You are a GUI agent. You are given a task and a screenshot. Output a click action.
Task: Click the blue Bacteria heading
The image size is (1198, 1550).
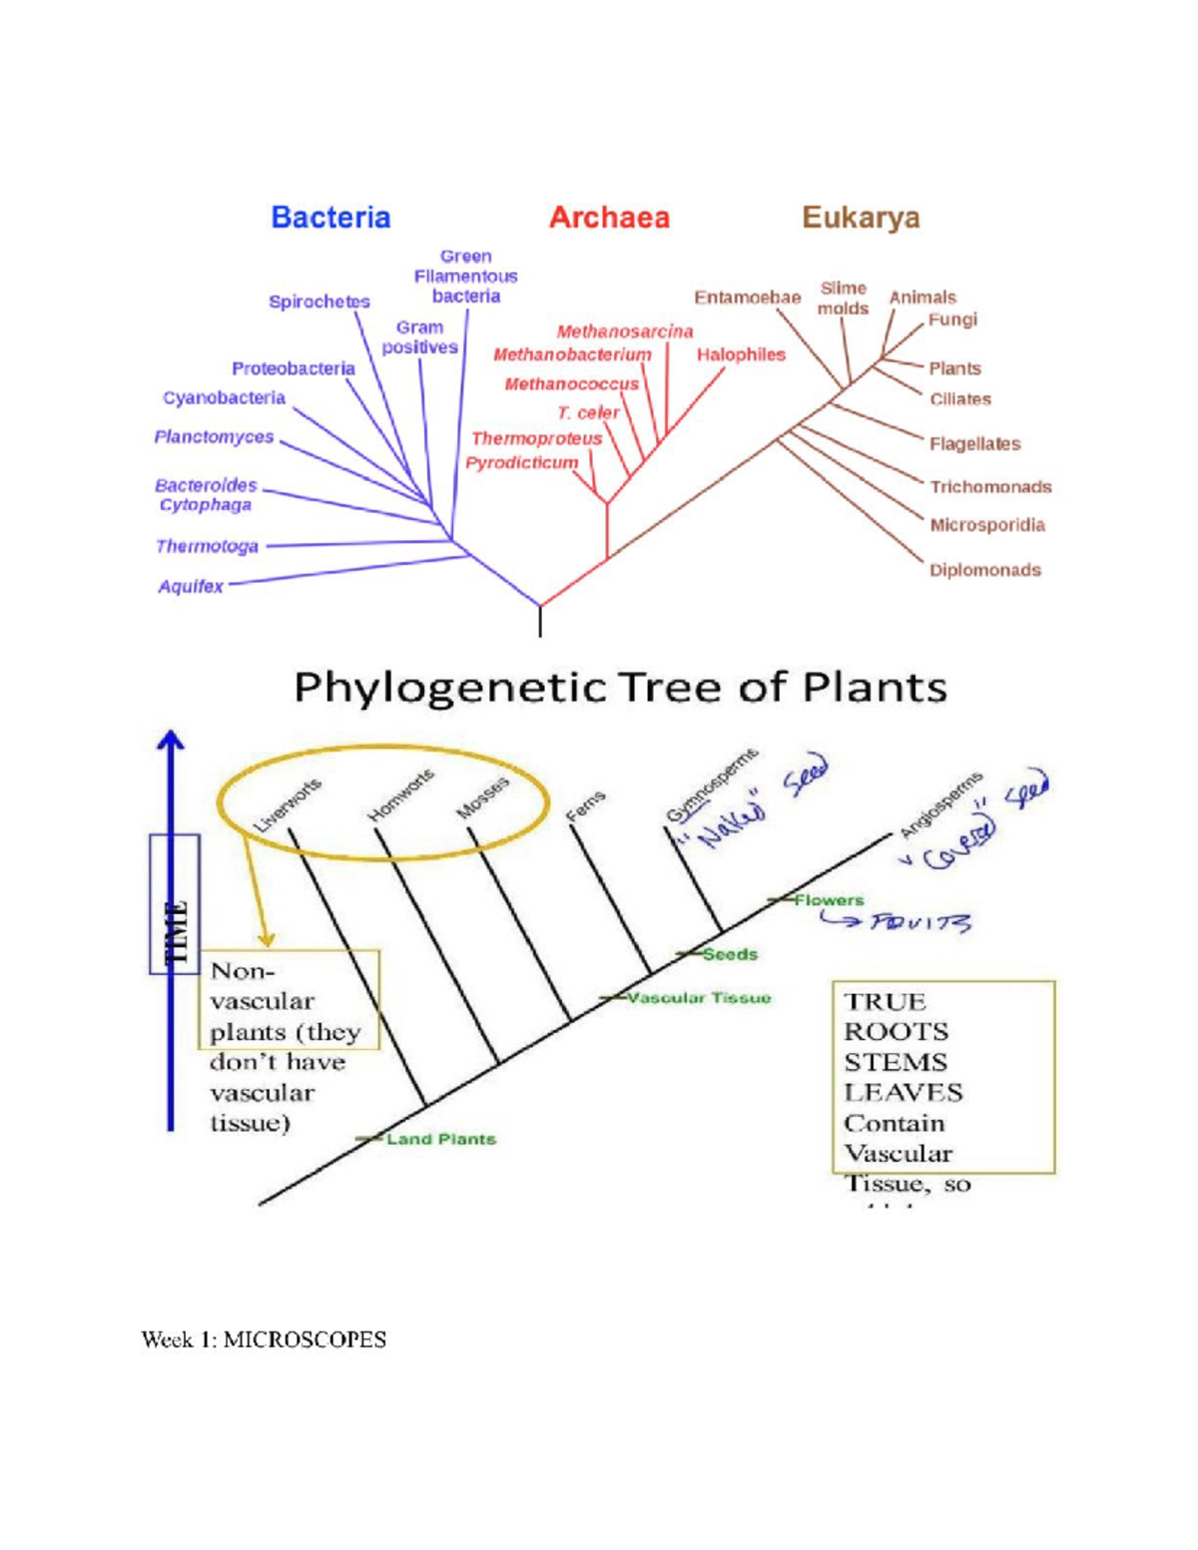tap(330, 218)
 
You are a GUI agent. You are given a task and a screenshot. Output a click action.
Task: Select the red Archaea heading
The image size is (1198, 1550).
tap(609, 218)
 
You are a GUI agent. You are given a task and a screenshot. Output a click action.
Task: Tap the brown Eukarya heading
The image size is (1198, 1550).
tap(861, 218)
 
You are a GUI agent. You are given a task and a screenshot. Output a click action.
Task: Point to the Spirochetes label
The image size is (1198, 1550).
tap(318, 301)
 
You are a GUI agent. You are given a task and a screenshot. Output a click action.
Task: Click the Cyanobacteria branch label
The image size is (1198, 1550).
tap(224, 397)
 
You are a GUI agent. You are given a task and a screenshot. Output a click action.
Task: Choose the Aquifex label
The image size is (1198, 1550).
tap(190, 587)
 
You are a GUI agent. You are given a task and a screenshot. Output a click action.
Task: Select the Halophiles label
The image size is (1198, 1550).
tap(741, 354)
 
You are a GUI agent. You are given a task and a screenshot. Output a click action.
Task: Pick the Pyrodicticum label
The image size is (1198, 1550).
tap(521, 463)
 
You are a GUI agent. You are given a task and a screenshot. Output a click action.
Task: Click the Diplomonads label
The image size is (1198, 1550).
tap(984, 571)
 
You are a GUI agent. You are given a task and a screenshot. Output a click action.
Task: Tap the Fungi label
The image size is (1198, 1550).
tap(952, 319)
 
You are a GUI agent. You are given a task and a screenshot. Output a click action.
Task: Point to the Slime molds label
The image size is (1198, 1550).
tap(843, 298)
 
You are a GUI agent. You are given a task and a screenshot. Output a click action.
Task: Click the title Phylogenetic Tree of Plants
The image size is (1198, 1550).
tap(620, 688)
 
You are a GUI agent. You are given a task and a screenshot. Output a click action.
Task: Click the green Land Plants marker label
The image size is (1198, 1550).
tap(440, 1139)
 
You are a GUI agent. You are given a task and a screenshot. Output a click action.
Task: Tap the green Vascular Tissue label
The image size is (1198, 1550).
tap(699, 997)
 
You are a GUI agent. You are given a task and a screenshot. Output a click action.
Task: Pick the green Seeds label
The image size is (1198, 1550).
tap(730, 954)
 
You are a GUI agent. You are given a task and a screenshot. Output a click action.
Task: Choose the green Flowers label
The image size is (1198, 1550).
tap(829, 900)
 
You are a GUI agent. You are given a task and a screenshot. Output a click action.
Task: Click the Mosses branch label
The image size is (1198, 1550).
tap(483, 797)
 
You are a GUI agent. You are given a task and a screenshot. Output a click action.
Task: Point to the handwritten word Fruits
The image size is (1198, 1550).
tap(918, 922)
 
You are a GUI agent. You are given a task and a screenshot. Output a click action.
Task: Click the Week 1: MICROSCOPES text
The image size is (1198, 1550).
tap(264, 1339)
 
